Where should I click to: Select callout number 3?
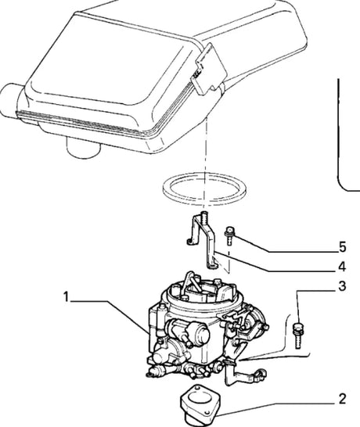point(341,286)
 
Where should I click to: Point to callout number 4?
point(341,266)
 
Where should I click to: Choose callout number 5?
point(341,246)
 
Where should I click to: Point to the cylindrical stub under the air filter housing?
point(78,147)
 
